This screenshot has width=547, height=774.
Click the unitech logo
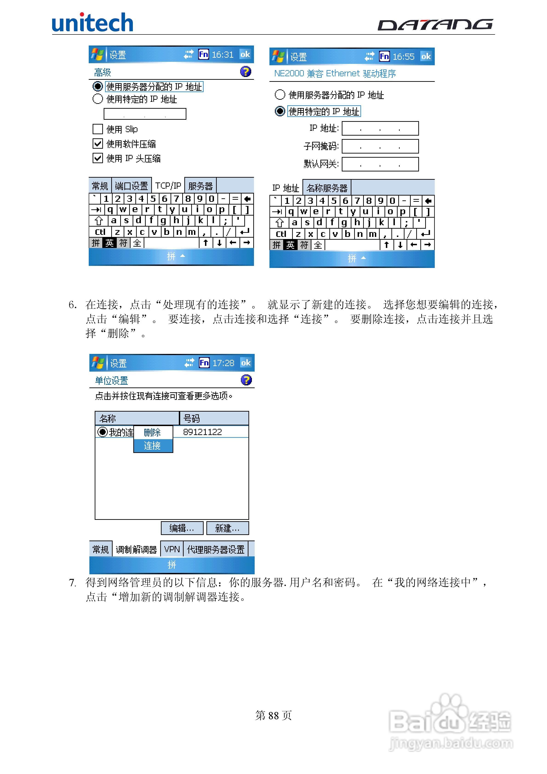pos(92,23)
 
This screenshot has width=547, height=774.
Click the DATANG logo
pos(435,25)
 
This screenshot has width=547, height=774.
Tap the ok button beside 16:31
pos(245,54)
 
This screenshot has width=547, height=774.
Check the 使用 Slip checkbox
pos(98,129)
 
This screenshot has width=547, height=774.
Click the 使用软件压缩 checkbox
pos(98,144)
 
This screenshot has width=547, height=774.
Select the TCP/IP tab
pos(168,186)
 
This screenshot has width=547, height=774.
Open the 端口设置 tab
pos(131,186)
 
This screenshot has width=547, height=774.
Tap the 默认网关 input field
pos(380,164)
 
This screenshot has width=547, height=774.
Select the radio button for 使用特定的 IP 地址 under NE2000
pos(280,111)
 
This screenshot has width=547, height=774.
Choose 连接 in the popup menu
pos(152,446)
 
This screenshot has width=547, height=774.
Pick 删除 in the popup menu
pos(152,432)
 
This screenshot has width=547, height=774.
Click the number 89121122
pos(202,432)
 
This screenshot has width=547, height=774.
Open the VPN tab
pos(172,549)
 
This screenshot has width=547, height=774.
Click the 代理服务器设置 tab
pos(216,549)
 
